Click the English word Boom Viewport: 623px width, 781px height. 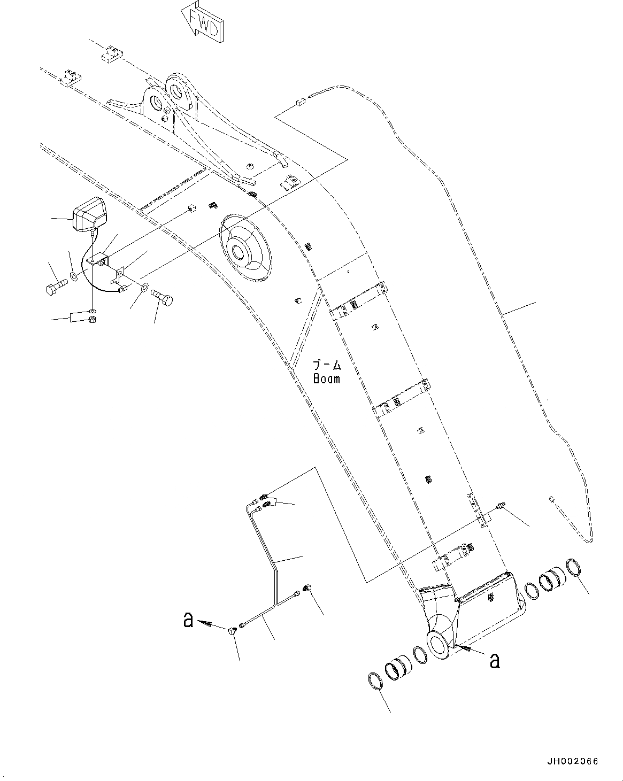326,379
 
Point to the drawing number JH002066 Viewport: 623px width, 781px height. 572,761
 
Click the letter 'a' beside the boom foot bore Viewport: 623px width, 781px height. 495,661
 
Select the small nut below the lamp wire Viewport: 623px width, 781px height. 91,320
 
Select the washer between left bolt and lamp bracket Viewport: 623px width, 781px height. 72,279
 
